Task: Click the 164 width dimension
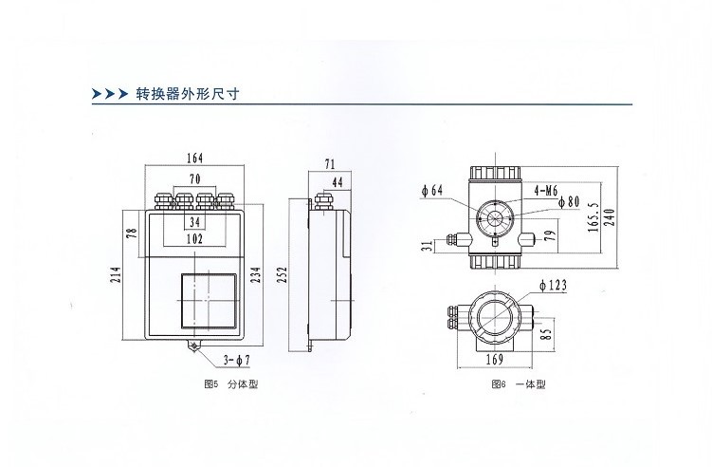pyautogui.click(x=195, y=158)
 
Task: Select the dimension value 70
pyautogui.click(x=194, y=178)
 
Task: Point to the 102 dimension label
pyautogui.click(x=194, y=240)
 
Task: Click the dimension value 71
pyautogui.click(x=329, y=164)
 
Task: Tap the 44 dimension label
pyautogui.click(x=338, y=181)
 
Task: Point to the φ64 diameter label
pyautogui.click(x=432, y=190)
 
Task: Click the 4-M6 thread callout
pyautogui.click(x=546, y=190)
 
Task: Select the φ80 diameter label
pyautogui.click(x=568, y=202)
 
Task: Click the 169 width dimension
pyautogui.click(x=495, y=360)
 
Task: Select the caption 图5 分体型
pyautogui.click(x=231, y=385)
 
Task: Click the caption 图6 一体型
pyautogui.click(x=519, y=385)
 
